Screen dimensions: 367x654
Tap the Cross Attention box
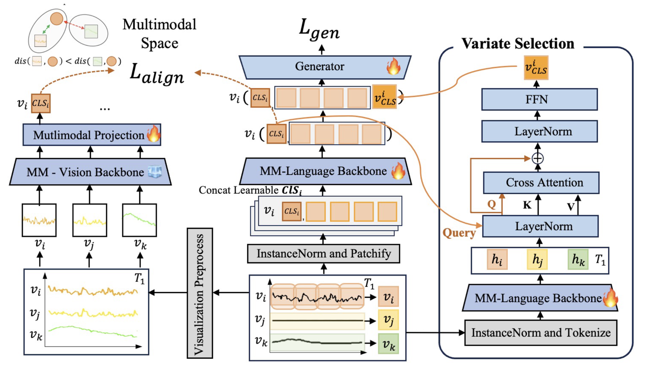click(538, 183)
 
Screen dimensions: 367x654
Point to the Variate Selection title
click(518, 44)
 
